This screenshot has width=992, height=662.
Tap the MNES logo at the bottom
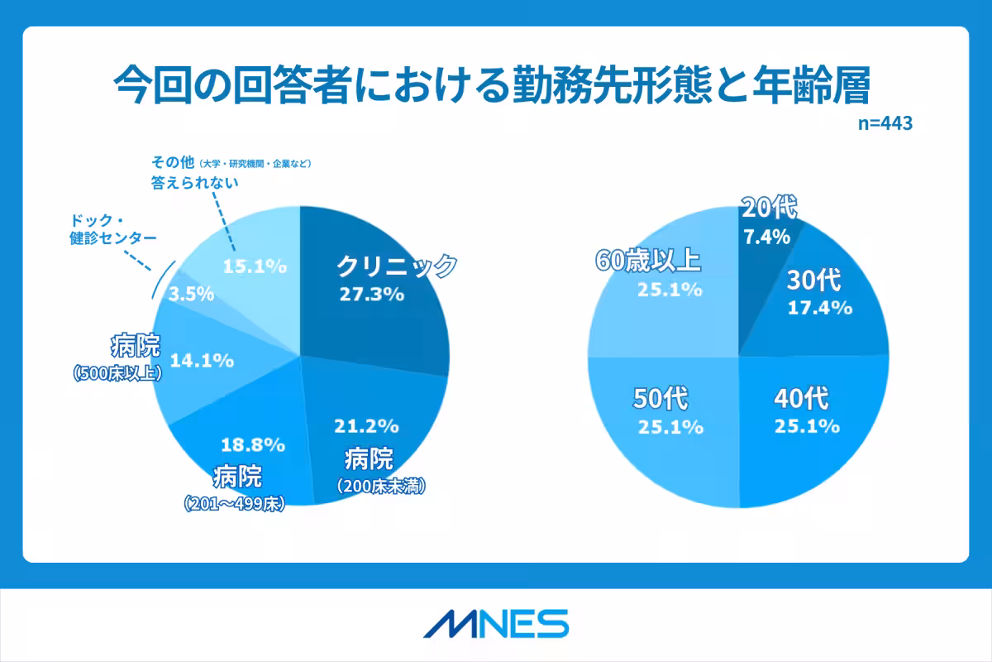(496, 623)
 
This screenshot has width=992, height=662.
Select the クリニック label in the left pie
(396, 266)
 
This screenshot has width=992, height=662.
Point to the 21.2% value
(366, 427)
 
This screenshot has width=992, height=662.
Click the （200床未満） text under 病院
(381, 487)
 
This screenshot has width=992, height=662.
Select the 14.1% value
(202, 361)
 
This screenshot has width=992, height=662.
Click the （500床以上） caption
(117, 374)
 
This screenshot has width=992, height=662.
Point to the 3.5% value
(191, 294)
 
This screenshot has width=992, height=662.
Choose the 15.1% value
(255, 266)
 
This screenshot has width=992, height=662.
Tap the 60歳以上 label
(648, 262)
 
